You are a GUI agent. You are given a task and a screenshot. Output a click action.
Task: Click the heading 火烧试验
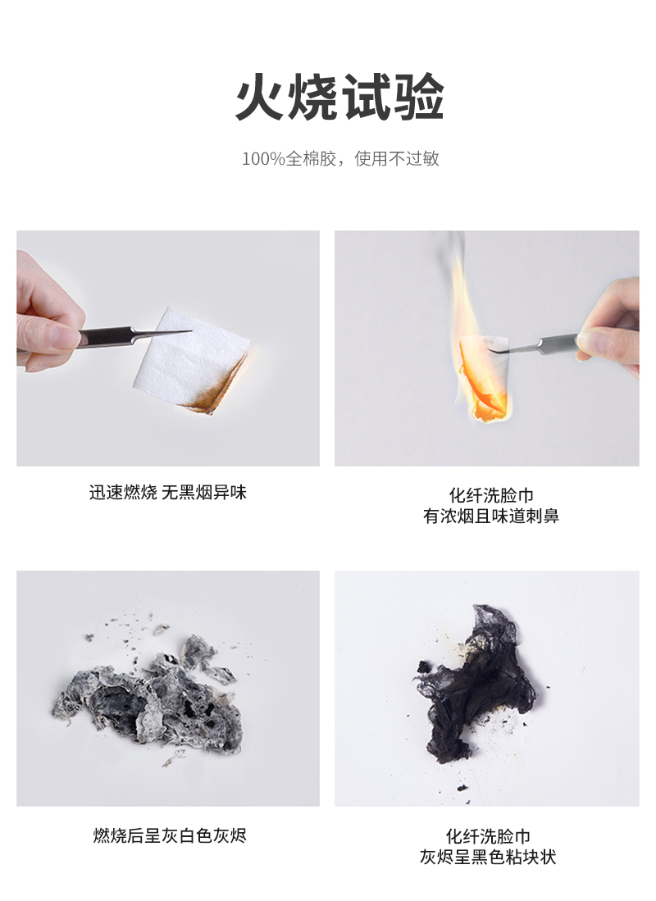pyautogui.click(x=339, y=98)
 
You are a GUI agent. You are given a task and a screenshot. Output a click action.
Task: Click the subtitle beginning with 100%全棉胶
pyautogui.click(x=339, y=159)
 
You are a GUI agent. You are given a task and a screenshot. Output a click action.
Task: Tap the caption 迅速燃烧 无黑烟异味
pyautogui.click(x=168, y=493)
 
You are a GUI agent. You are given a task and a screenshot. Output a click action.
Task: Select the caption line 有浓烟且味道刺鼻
pyautogui.click(x=491, y=516)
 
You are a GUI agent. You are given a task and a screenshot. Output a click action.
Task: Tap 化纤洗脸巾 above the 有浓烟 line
pyautogui.click(x=491, y=495)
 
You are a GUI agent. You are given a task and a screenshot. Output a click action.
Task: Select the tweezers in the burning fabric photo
pyautogui.click(x=541, y=342)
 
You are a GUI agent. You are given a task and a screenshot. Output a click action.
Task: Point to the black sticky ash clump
pyautogui.click(x=476, y=689)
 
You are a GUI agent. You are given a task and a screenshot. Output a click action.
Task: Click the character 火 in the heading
pyautogui.click(x=261, y=98)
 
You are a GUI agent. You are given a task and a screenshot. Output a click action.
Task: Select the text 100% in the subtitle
pyautogui.click(x=262, y=159)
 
